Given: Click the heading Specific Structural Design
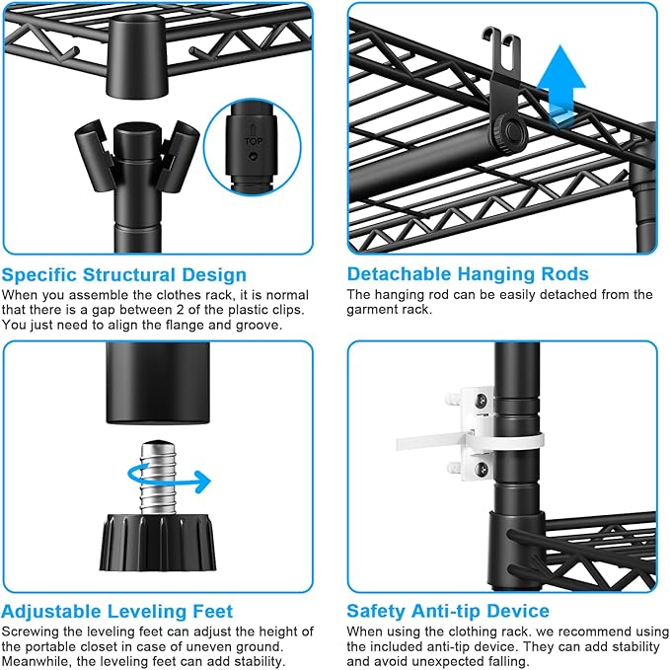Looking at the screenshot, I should click(124, 274).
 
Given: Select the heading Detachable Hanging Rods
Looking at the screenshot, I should click(468, 274).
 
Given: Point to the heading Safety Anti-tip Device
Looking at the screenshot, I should click(448, 611).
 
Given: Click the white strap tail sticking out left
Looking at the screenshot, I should click(420, 441).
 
